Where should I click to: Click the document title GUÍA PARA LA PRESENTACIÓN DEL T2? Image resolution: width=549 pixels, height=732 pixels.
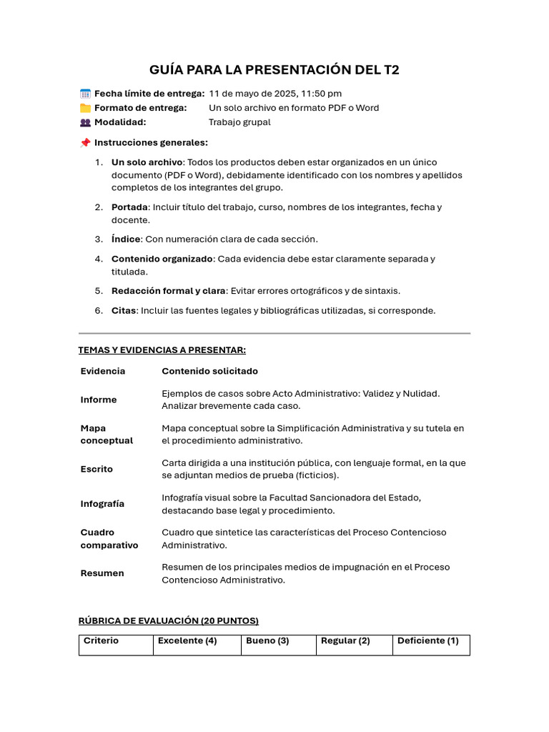[274, 69]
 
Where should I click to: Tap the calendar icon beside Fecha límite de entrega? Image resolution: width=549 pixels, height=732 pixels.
[85, 94]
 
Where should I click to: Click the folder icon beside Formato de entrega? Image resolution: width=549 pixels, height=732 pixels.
[85, 108]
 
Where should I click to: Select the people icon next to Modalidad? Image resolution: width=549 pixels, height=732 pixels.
[85, 122]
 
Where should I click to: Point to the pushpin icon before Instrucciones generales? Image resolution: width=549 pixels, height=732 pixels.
[85, 143]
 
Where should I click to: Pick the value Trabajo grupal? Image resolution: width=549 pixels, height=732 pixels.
[239, 122]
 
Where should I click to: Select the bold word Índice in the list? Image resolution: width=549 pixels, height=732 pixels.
[126, 239]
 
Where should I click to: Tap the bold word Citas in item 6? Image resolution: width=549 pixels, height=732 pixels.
[124, 311]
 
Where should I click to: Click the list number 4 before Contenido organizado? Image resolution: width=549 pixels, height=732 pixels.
[99, 259]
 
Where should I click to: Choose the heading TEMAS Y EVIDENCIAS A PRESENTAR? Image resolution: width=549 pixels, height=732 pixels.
[162, 350]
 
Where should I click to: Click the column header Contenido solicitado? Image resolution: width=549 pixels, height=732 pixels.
[209, 372]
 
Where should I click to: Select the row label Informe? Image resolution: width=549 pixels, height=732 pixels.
[99, 400]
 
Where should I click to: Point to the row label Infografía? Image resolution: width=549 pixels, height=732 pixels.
[102, 504]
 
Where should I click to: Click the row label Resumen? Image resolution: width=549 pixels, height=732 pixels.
[102, 573]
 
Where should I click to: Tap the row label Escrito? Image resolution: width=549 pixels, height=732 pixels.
[97, 470]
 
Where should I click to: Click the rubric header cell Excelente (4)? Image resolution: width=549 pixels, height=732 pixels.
[187, 641]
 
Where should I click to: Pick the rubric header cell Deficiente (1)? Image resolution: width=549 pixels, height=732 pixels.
[427, 641]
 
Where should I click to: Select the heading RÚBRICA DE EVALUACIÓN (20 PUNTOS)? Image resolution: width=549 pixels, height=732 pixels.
[168, 620]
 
